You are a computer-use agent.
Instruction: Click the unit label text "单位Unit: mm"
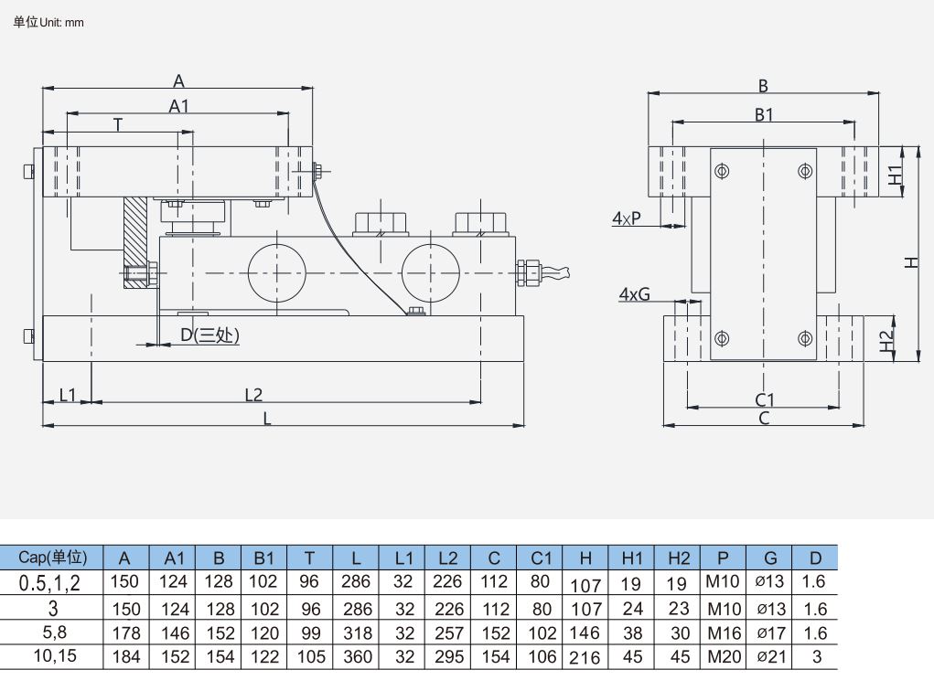48,22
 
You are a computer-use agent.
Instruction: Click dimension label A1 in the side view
179,106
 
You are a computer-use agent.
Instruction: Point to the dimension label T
118,124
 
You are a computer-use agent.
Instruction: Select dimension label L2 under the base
253,395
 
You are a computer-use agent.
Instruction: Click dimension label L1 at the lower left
69,395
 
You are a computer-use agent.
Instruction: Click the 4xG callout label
634,294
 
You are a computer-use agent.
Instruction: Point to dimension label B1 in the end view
764,115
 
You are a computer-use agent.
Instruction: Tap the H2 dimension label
886,341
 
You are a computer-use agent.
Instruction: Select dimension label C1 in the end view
765,400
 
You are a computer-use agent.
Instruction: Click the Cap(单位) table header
52,558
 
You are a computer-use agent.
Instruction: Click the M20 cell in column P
724,656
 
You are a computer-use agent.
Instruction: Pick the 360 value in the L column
357,656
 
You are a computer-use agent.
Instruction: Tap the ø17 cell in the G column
770,633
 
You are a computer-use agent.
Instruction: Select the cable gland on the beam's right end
529,271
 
